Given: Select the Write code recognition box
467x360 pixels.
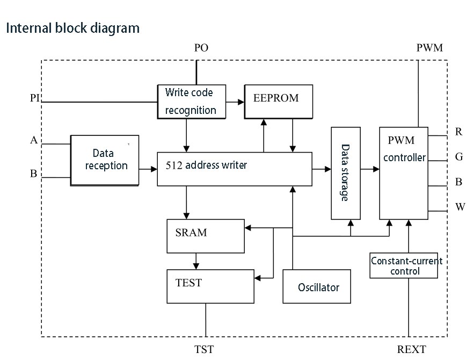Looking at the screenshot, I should click(192, 101).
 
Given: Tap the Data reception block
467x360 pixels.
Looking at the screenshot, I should click(105, 160).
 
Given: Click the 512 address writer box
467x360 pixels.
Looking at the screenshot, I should click(235, 169).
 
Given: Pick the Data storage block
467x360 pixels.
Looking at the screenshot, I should click(345, 173).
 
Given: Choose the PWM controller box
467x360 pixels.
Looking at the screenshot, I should click(404, 173).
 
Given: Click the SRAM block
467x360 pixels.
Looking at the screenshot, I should click(206, 236).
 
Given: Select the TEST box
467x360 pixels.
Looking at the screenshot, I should click(210, 286).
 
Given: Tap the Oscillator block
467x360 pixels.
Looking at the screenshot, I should click(318, 287).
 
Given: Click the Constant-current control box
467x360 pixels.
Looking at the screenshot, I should click(406, 265).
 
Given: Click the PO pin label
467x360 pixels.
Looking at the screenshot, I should click(201, 48).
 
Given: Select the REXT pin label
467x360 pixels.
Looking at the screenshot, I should click(411, 349).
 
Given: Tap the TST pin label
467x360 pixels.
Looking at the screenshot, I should click(204, 349).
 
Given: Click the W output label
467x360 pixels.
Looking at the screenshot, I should click(459, 207).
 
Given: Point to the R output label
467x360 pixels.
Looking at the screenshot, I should click(458, 132).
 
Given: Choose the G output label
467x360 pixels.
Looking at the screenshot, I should click(459, 157).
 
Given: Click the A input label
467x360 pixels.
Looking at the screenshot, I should click(34, 140).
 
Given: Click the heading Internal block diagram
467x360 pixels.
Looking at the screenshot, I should click(73, 28).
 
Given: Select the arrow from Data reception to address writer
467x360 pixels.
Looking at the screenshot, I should click(148, 169).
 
